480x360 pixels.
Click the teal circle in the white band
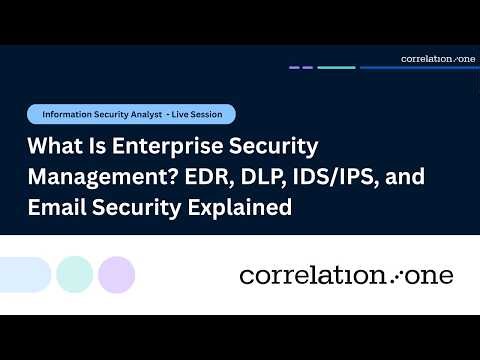tap(75, 273)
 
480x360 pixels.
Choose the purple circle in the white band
tap(117, 273)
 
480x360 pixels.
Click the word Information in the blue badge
tap(67, 114)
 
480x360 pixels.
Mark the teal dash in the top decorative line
tap(337, 68)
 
